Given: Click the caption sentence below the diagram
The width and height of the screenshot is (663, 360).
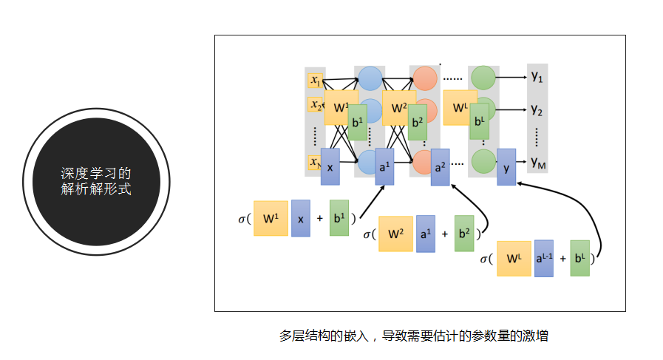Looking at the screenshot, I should click(x=413, y=335).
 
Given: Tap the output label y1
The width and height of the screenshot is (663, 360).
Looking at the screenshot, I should click(x=537, y=76).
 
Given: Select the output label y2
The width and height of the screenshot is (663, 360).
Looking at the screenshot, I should click(x=537, y=110).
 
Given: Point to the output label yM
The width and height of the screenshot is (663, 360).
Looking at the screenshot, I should click(x=537, y=161).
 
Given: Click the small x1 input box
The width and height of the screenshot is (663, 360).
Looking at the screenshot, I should click(x=316, y=80).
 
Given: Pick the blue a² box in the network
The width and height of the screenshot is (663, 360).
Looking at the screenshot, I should click(x=440, y=167).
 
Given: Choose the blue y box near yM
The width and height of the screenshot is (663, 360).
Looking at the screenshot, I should click(x=506, y=167).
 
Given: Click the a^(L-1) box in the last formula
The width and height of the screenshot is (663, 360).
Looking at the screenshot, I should click(x=543, y=258).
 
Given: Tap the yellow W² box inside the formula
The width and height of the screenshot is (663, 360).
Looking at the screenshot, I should click(x=395, y=234).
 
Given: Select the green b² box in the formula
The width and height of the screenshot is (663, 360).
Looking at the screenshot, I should click(x=463, y=234).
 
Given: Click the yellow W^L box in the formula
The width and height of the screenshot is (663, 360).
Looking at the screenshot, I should click(x=514, y=259).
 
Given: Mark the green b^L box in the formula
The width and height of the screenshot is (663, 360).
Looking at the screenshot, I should click(x=579, y=258).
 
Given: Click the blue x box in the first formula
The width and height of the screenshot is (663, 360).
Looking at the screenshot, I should click(x=300, y=218).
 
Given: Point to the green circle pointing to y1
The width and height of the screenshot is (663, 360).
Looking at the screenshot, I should click(x=483, y=77).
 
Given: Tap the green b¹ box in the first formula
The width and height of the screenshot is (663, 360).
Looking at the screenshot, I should click(x=339, y=218).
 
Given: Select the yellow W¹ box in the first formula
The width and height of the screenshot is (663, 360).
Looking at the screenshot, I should click(x=271, y=218).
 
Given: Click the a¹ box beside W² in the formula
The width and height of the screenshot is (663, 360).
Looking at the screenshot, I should click(x=425, y=234).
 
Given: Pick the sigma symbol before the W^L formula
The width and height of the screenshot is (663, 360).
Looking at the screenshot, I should click(x=486, y=259).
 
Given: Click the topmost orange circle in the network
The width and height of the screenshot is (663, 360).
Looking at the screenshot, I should click(x=425, y=77).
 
